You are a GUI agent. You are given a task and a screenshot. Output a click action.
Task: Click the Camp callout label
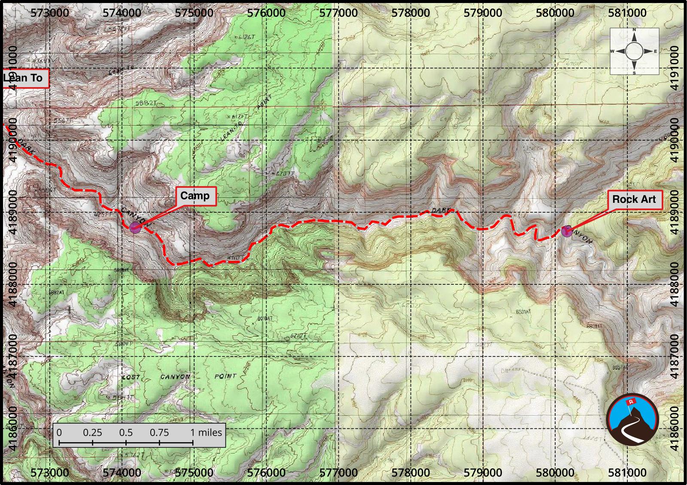point(195,196)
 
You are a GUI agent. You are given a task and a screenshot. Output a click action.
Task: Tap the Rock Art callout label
point(634,199)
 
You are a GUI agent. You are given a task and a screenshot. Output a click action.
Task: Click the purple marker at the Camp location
point(135,227)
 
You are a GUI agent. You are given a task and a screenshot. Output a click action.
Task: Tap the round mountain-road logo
point(633,419)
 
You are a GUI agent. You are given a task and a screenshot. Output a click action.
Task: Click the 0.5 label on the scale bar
point(126,432)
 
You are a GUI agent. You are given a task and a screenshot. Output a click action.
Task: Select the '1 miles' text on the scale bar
point(206,432)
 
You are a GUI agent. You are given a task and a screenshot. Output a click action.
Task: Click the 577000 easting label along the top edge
point(338,13)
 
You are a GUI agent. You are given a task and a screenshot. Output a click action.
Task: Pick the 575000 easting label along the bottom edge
point(194,473)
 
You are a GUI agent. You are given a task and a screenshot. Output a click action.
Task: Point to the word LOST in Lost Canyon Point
point(131,377)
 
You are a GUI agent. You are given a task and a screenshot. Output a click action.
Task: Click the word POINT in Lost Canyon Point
point(225,377)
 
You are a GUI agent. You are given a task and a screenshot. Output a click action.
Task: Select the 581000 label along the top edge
point(627,13)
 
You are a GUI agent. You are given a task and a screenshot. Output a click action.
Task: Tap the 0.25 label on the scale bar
point(92,432)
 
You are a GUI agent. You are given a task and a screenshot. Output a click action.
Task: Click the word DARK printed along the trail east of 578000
point(441,211)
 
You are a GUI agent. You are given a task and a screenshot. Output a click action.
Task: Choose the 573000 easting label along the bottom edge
point(50,473)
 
